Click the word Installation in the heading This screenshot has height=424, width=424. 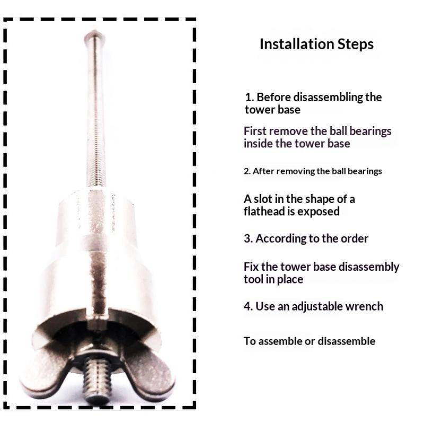pos(297,44)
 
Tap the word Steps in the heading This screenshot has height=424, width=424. pos(356,45)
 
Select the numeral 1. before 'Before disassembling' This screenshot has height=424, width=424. pos(249,98)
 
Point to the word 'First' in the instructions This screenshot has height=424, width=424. pos(255,131)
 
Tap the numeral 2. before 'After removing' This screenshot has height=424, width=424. pos(247,171)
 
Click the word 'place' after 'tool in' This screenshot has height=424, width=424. pos(290,280)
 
